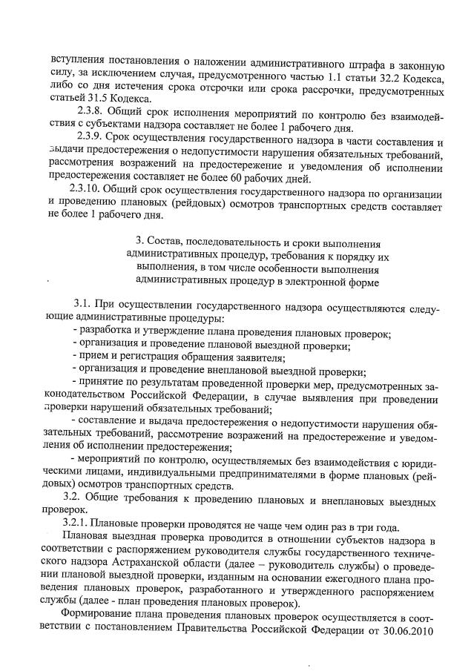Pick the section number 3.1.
pyautogui.click(x=82, y=307)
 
